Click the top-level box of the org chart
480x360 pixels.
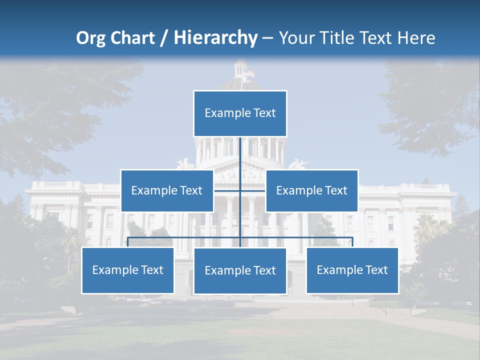coord(240,113)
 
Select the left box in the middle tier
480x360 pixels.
coord(167,190)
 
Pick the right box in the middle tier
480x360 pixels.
coord(311,190)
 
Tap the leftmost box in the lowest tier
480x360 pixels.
coord(127,270)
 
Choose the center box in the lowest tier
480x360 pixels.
coord(240,270)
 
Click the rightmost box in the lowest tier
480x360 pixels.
coord(352,270)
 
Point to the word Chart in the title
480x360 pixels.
coord(131,38)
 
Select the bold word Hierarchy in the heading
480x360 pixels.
coord(215,38)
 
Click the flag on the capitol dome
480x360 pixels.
coord(248,73)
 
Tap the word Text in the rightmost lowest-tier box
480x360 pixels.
coord(376,270)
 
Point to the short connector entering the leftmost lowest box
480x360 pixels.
coord(127,242)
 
